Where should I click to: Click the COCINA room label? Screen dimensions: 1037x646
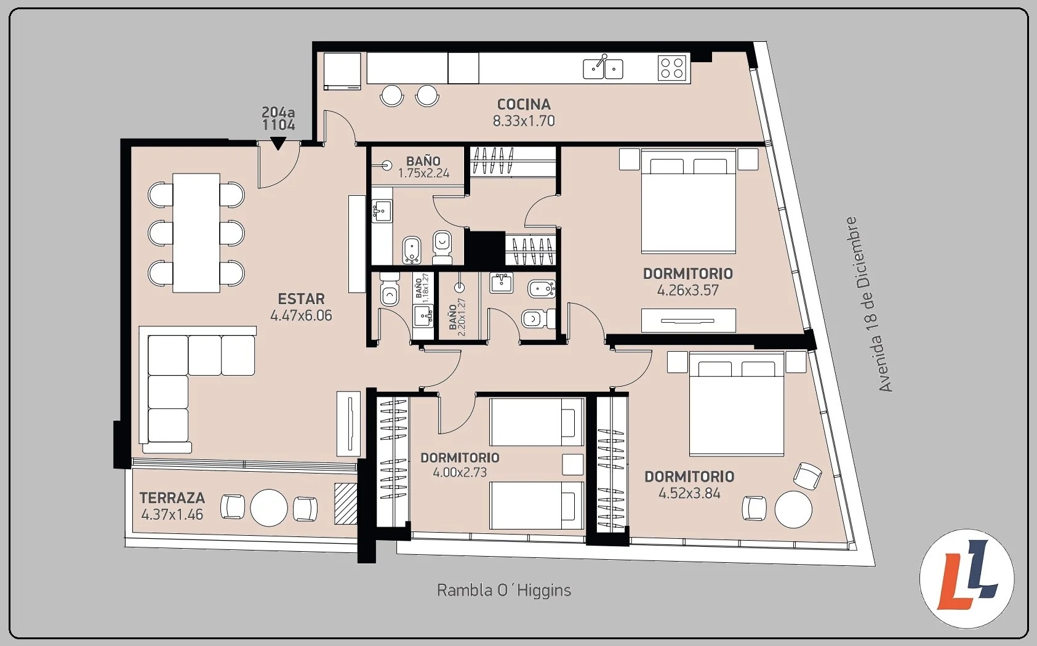[524, 104]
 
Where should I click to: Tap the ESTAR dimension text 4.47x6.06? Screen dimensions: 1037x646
[301, 315]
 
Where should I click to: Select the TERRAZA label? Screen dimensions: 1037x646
[172, 498]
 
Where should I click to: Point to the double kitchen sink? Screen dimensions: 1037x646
[603, 68]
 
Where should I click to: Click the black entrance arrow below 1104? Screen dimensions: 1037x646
[278, 143]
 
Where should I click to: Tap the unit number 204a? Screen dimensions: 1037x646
[278, 112]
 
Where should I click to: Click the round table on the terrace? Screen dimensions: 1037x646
[268, 507]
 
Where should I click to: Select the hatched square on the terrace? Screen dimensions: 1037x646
[346, 504]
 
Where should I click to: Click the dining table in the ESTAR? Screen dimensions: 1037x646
[196, 233]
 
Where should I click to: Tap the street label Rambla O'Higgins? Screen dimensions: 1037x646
[503, 591]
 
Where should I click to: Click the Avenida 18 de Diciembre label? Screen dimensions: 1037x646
[870, 304]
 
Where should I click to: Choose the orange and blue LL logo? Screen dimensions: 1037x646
[967, 578]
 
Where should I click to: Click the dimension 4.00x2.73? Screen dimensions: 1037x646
[460, 473]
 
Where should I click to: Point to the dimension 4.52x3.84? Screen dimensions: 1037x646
[689, 494]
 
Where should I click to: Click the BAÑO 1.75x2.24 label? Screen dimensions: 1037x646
[423, 167]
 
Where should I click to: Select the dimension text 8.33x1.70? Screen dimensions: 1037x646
[524, 121]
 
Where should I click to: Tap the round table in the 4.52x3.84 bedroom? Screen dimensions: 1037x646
[793, 509]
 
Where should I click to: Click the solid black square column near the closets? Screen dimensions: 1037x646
[484, 249]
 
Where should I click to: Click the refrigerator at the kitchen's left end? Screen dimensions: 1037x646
[342, 71]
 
